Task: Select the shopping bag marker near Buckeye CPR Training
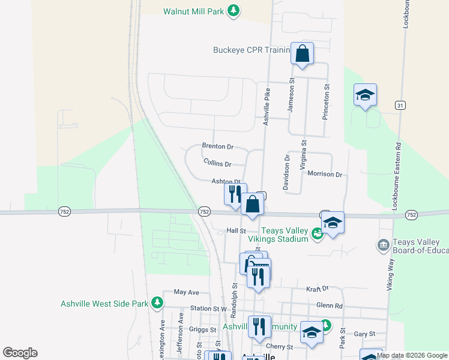(x=303, y=54)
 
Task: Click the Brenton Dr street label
(x=217, y=146)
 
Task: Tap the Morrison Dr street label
(x=324, y=175)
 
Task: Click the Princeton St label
(x=327, y=103)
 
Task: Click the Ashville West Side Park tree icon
(x=157, y=302)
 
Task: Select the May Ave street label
(x=186, y=292)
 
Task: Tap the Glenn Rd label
(x=329, y=305)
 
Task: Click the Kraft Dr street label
(x=318, y=289)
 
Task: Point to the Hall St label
(x=237, y=230)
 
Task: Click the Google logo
(x=20, y=353)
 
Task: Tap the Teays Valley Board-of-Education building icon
(x=382, y=245)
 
